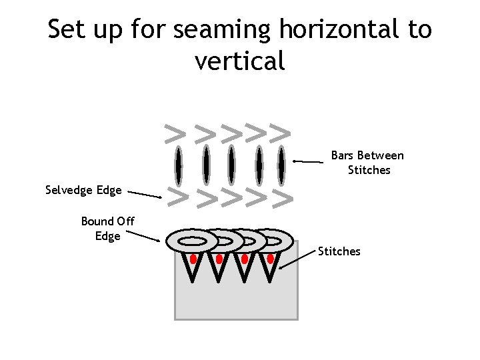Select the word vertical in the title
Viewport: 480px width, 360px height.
click(240, 61)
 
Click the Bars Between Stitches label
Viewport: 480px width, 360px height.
click(368, 163)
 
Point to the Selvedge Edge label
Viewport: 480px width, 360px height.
click(83, 191)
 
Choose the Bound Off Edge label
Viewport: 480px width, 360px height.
click(107, 228)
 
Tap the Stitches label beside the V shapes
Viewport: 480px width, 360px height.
click(339, 251)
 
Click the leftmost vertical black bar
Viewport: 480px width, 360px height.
click(178, 166)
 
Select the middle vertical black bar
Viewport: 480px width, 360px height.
click(231, 166)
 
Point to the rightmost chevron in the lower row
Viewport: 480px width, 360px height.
click(283, 198)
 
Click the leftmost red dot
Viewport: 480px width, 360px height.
click(193, 259)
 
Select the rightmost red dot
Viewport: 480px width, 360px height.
click(270, 259)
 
